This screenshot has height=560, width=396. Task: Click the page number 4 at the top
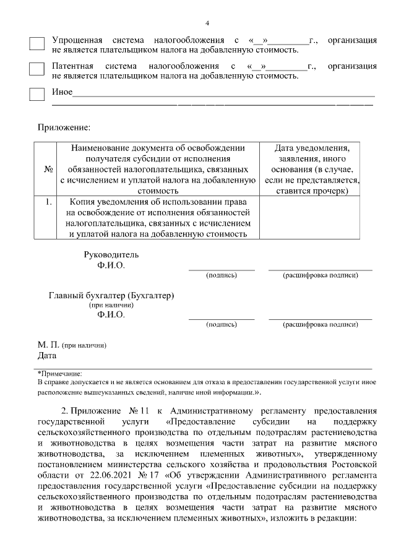coord(207,24)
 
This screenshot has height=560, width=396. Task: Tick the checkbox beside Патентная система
coord(37,69)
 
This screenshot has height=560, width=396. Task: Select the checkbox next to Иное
coord(37,94)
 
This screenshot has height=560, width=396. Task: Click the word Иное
coord(62,93)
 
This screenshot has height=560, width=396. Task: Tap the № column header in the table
coord(48,170)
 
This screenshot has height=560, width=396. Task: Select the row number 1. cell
coord(48,202)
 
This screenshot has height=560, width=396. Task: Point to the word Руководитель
coord(111,254)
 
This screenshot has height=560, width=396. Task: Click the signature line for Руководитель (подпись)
coord(221,269)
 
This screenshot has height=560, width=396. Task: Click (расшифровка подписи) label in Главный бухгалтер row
coord(320,324)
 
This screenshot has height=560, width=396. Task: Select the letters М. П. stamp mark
coord(48,345)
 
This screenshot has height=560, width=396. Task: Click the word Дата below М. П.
coord(47,355)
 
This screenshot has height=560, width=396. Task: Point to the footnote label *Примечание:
coord(59,373)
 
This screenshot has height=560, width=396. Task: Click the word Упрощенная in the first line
coord(77,40)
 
